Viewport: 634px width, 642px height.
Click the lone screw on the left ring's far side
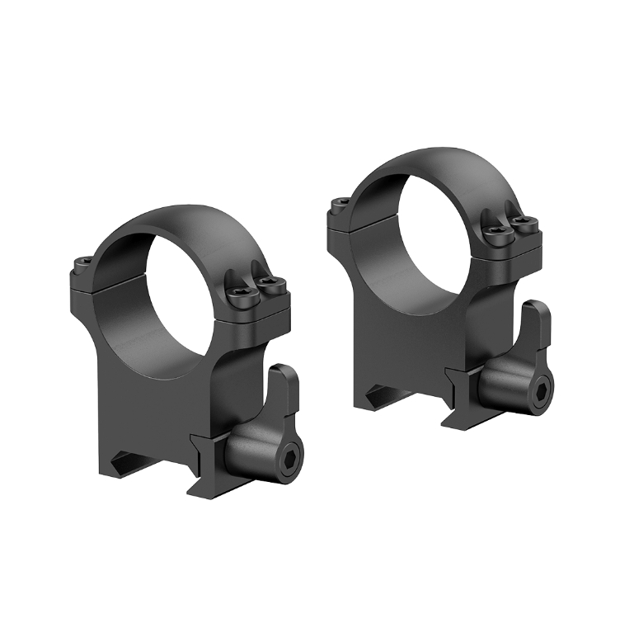pyautogui.click(x=84, y=264)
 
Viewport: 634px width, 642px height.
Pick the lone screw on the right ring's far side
pyautogui.click(x=338, y=202)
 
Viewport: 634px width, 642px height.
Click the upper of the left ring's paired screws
pyautogui.click(x=265, y=284)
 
